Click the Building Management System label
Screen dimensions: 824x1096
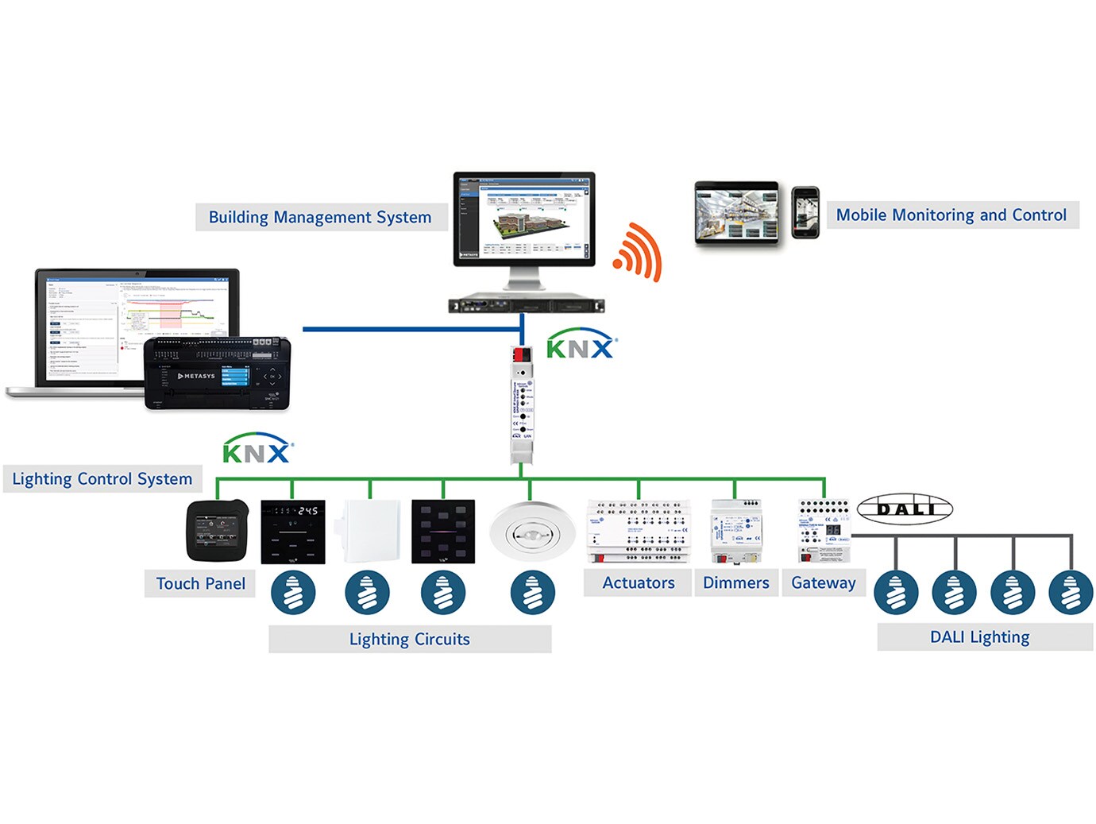coord(320,217)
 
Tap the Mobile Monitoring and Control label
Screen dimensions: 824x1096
coord(951,215)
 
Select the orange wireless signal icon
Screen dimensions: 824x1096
coord(638,252)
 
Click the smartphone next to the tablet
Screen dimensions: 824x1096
coord(805,212)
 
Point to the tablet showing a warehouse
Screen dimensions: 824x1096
coord(736,212)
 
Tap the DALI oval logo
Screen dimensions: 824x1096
coord(905,509)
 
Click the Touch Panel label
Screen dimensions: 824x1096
coord(200,583)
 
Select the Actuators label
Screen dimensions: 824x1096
coord(639,582)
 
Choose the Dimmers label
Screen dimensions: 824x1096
coord(736,582)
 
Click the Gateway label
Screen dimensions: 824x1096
coord(824,582)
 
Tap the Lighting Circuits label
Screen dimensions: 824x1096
coord(410,639)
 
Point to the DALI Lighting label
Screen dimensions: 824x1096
coord(980,636)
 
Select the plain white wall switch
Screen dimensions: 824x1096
coord(371,532)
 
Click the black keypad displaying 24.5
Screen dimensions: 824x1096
coord(293,532)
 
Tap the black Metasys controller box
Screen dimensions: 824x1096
coord(217,374)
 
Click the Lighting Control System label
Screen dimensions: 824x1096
coord(102,478)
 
